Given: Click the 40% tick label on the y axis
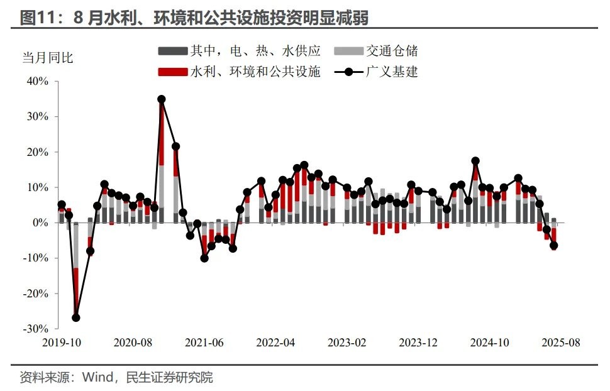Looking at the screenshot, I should pyautogui.click(x=36, y=81).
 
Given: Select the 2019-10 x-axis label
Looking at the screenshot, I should pyautogui.click(x=61, y=343).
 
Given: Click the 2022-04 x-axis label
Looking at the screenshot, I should pyautogui.click(x=275, y=343).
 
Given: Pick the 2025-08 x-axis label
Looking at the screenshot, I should pyautogui.click(x=561, y=343).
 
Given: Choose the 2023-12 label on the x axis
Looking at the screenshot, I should pyautogui.click(x=418, y=343).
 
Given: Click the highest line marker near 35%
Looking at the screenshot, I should pyautogui.click(x=162, y=99).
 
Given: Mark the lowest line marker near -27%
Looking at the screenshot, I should pyautogui.click(x=76, y=318).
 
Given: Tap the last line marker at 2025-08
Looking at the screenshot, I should pyautogui.click(x=554, y=246).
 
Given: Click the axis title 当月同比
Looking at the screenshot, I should pyautogui.click(x=48, y=58).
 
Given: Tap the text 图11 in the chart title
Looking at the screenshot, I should pyautogui.click(x=36, y=18).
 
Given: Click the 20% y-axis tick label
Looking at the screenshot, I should pyautogui.click(x=36, y=152).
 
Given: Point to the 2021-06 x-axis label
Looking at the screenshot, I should pyautogui.click(x=204, y=343).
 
